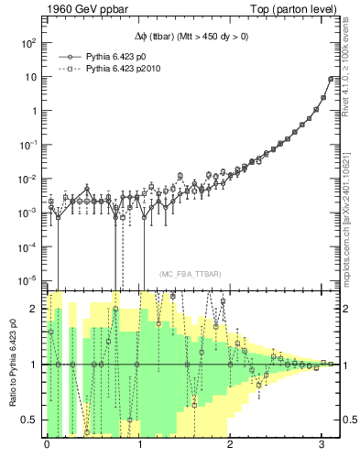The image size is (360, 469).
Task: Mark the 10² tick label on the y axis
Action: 28,43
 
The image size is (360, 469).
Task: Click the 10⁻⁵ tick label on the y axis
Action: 27,280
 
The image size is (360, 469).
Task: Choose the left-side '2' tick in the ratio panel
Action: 34,309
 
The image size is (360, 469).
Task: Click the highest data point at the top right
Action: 331,79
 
